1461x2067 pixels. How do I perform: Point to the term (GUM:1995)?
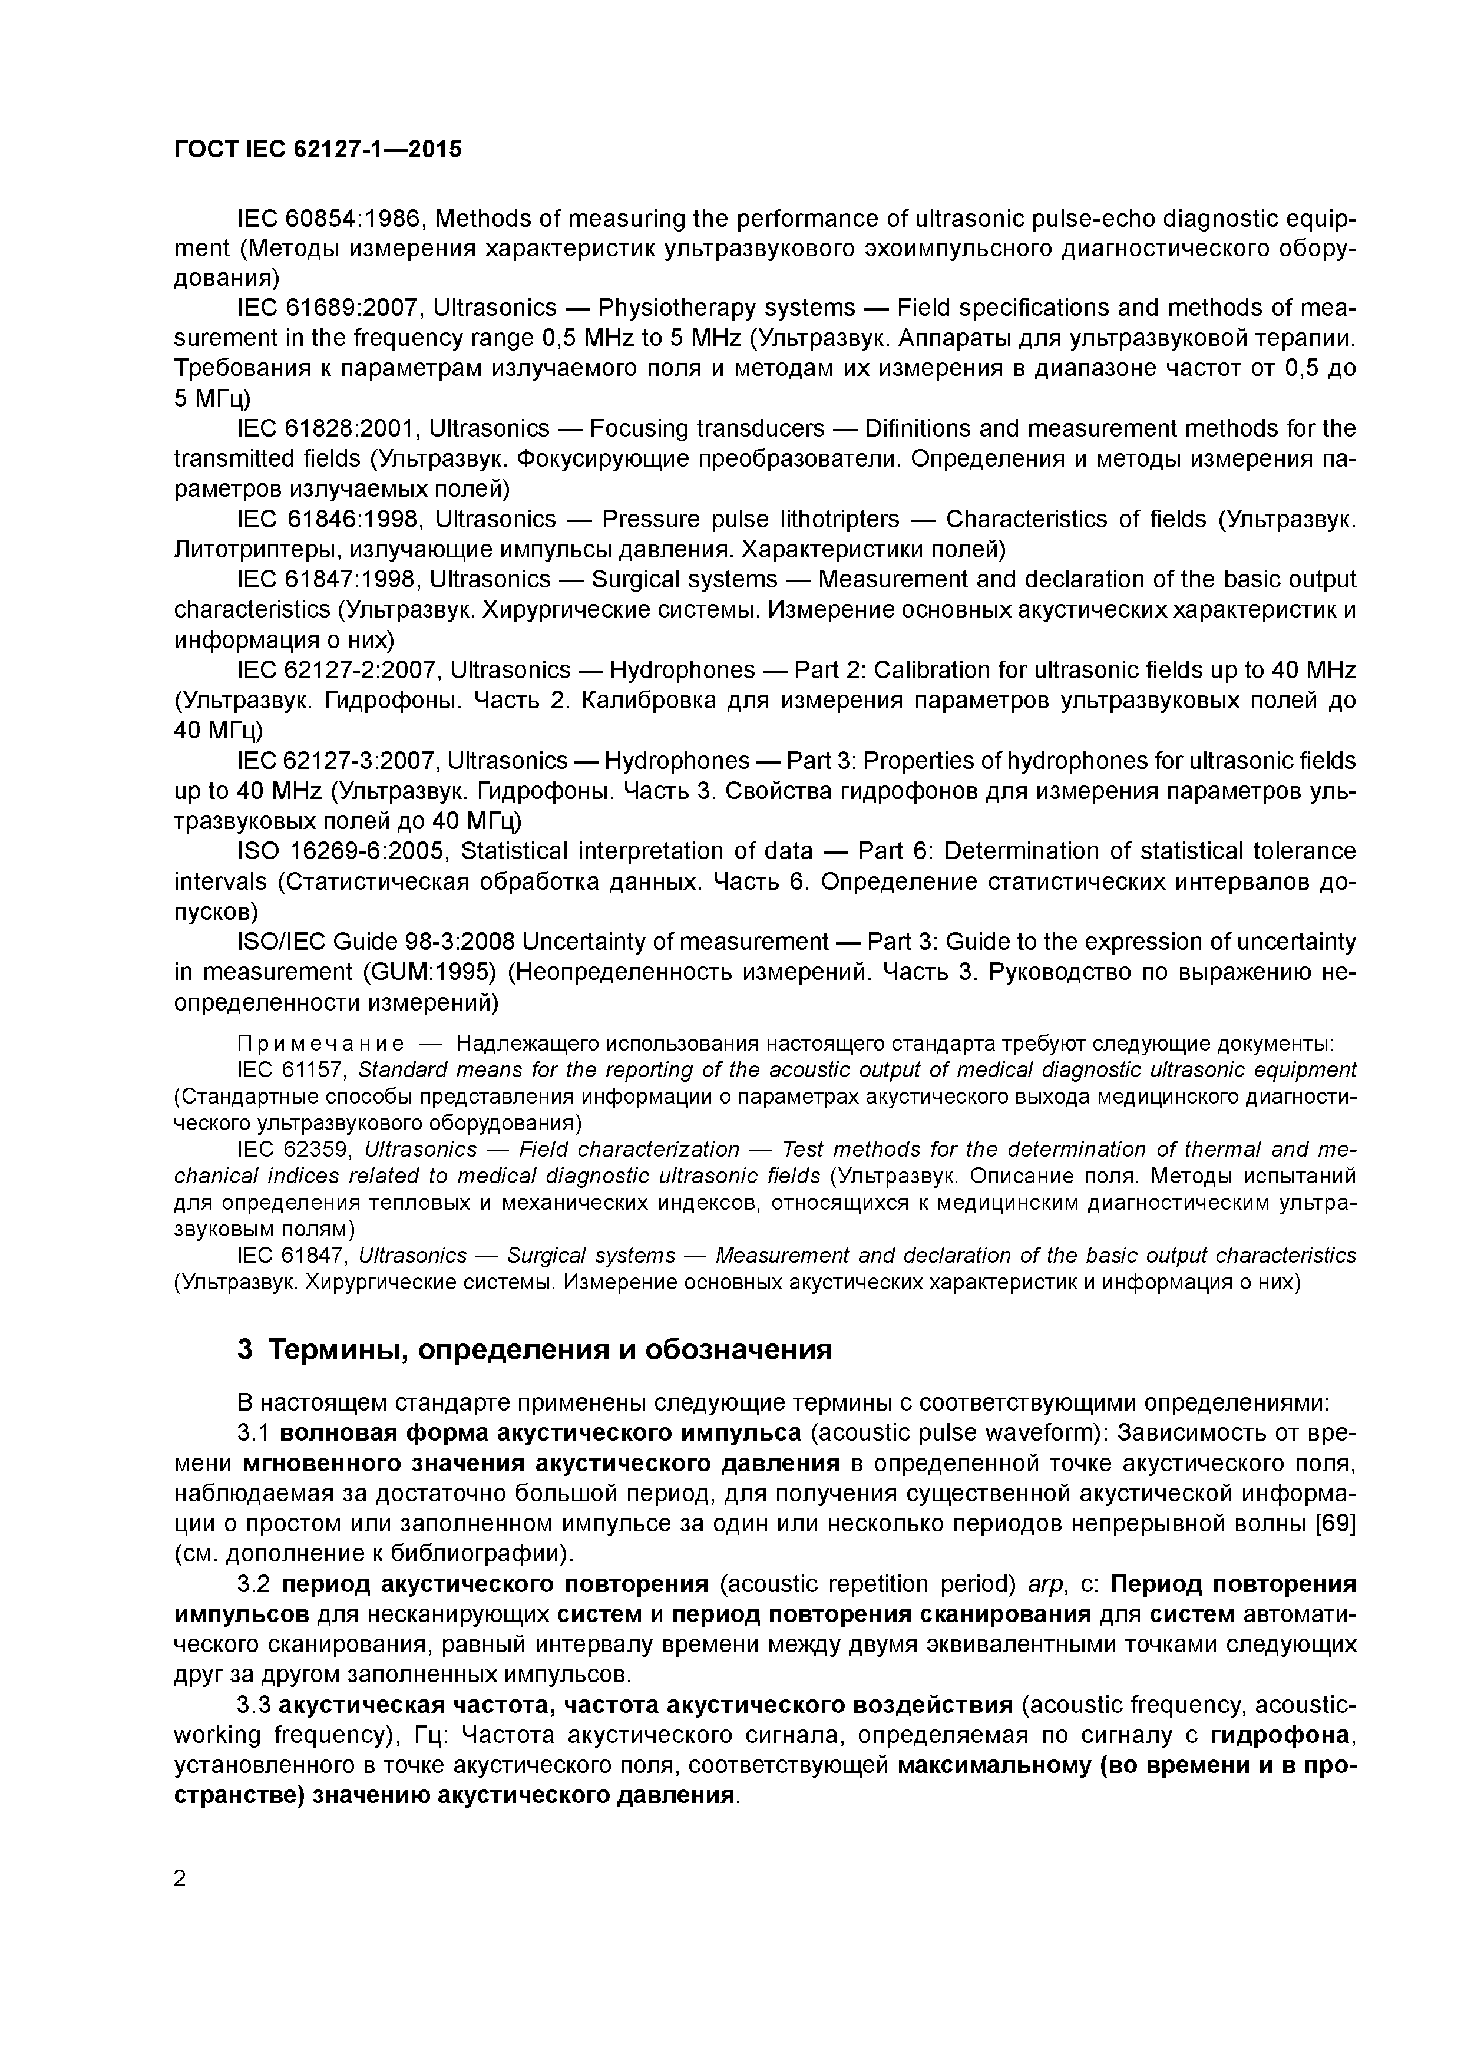[414, 972]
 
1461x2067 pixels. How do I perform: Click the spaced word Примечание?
[319, 1044]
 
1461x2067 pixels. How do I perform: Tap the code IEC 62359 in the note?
[293, 1150]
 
